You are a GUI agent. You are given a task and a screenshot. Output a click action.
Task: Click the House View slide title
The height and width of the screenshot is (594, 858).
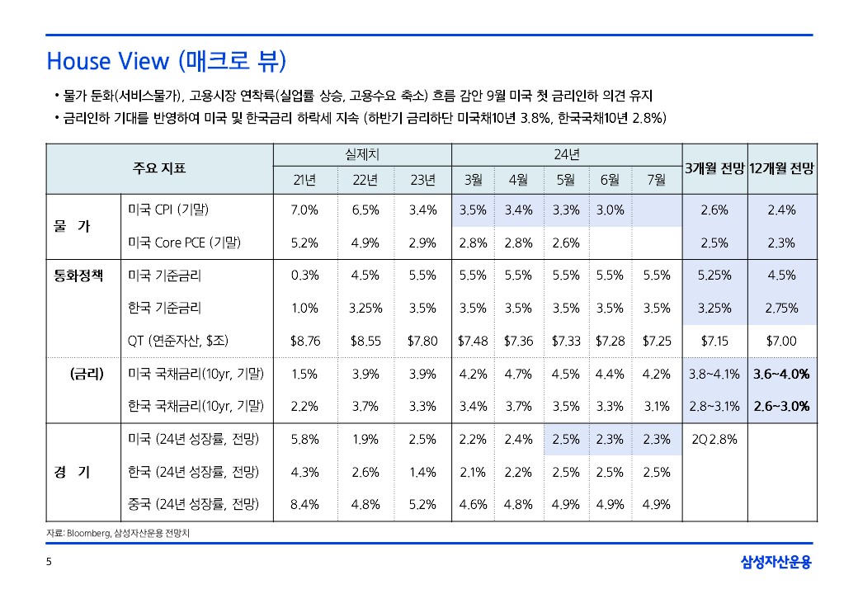tap(166, 61)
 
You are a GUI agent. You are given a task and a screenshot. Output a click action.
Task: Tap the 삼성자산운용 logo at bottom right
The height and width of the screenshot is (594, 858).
tap(775, 563)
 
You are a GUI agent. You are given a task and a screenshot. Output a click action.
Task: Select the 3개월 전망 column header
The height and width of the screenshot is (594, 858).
tap(714, 168)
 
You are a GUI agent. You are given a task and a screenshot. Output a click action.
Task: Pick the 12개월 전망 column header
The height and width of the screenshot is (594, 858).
tap(781, 168)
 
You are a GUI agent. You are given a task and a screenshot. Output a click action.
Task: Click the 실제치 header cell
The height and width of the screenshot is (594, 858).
tap(362, 153)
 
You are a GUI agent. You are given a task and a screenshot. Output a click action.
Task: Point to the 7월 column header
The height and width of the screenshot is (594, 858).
tap(656, 180)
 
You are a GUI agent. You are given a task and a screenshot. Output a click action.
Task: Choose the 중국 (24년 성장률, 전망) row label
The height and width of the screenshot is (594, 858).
tap(194, 504)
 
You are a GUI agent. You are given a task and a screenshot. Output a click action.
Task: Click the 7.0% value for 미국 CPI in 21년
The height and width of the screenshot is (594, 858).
tap(304, 210)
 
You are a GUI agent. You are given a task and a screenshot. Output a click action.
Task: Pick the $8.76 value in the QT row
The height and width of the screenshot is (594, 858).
tap(304, 341)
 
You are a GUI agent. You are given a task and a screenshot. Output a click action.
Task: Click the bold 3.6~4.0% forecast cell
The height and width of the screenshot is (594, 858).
tap(780, 374)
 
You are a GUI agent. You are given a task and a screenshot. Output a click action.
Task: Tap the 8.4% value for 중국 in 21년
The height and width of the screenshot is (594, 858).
tap(304, 504)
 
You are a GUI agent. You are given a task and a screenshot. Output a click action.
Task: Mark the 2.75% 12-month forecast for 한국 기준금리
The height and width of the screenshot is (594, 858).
tap(780, 308)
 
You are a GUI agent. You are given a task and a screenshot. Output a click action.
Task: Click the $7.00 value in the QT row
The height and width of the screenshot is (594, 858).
tap(780, 341)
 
